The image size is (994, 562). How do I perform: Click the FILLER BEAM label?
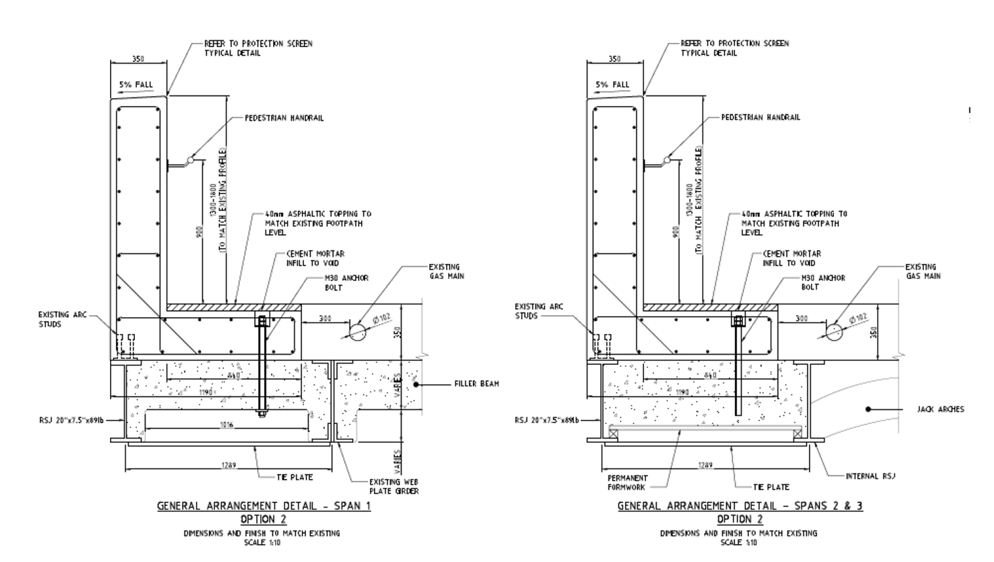(476, 384)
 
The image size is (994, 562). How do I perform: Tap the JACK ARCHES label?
(940, 409)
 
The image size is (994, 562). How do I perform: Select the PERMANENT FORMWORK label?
(628, 483)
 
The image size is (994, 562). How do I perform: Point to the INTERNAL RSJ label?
(871, 476)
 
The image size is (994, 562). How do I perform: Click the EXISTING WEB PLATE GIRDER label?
(394, 486)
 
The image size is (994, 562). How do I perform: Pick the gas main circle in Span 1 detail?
(357, 331)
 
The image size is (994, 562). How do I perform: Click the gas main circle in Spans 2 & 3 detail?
(834, 331)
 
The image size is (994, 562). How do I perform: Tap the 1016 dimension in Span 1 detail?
(227, 425)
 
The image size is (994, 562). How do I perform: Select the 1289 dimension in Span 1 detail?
(229, 465)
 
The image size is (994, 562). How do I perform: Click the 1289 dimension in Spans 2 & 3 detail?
(706, 465)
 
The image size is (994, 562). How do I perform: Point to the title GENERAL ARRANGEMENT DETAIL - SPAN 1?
(264, 506)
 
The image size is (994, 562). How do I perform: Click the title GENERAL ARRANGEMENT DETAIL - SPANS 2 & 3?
(740, 506)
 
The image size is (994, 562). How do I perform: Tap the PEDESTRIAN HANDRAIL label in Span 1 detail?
(284, 118)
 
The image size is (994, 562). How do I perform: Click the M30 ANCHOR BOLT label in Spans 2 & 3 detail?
(823, 282)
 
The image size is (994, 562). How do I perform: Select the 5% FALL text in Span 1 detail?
(136, 85)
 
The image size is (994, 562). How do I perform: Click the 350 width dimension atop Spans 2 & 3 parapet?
(614, 59)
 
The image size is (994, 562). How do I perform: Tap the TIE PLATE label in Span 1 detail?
(294, 477)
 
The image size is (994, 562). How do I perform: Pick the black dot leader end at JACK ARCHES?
(867, 409)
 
